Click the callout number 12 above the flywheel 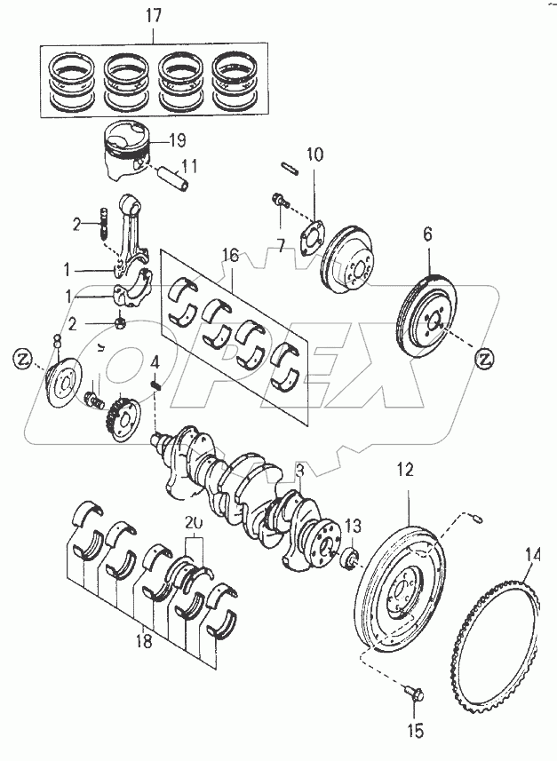click(x=405, y=471)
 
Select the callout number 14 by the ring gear click(x=532, y=556)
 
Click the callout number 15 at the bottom click(x=416, y=732)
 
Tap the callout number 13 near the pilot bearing click(x=353, y=524)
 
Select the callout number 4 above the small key click(x=155, y=362)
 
